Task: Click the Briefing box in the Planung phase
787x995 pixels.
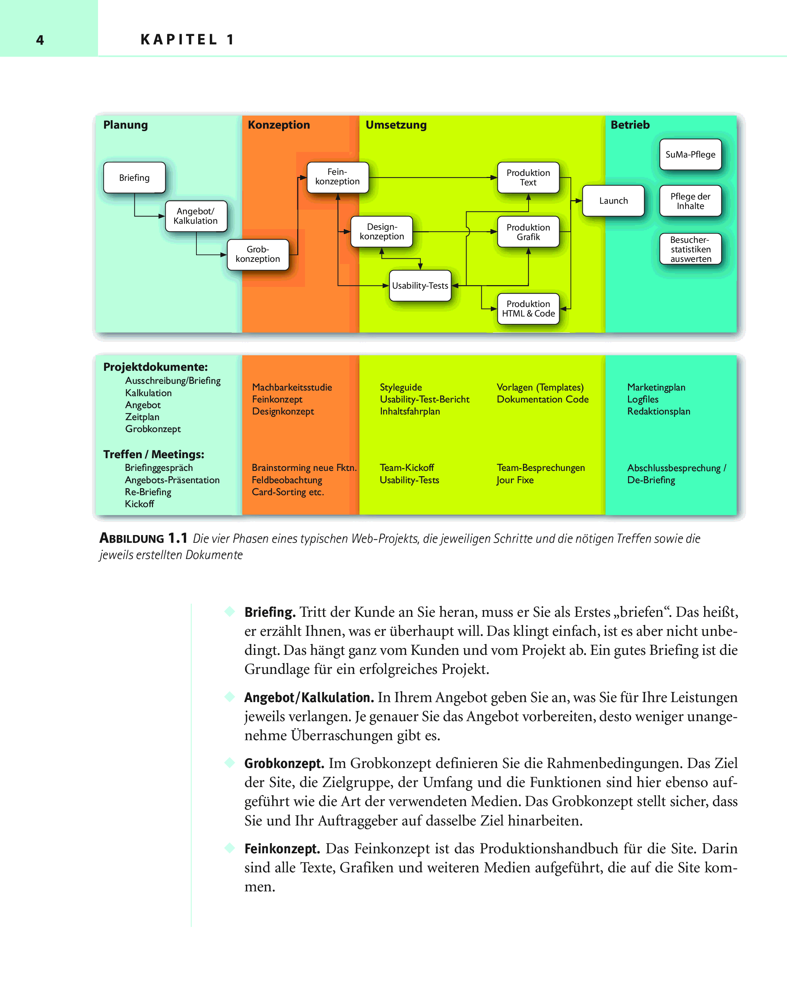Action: (x=134, y=177)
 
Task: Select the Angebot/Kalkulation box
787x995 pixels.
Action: (x=196, y=216)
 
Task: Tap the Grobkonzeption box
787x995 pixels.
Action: (x=257, y=254)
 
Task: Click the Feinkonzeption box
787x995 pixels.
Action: (x=337, y=177)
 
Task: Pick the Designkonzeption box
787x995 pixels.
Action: (x=382, y=232)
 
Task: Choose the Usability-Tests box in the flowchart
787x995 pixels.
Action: (x=420, y=285)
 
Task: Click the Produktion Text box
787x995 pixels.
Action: (x=528, y=177)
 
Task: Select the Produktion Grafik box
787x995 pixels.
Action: (x=528, y=232)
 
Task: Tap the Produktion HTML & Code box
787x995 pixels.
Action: (x=528, y=309)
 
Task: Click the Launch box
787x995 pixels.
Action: (x=613, y=201)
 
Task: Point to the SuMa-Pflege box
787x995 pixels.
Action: (x=690, y=154)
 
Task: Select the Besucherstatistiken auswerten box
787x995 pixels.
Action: (x=690, y=249)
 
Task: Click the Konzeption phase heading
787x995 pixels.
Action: (x=279, y=125)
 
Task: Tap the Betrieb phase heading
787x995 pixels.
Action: (x=630, y=125)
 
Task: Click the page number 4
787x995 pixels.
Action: (x=40, y=40)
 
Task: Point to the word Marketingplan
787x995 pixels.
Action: (x=656, y=387)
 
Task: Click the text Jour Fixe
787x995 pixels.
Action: (x=515, y=480)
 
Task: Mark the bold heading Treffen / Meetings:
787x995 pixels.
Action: (x=153, y=454)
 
